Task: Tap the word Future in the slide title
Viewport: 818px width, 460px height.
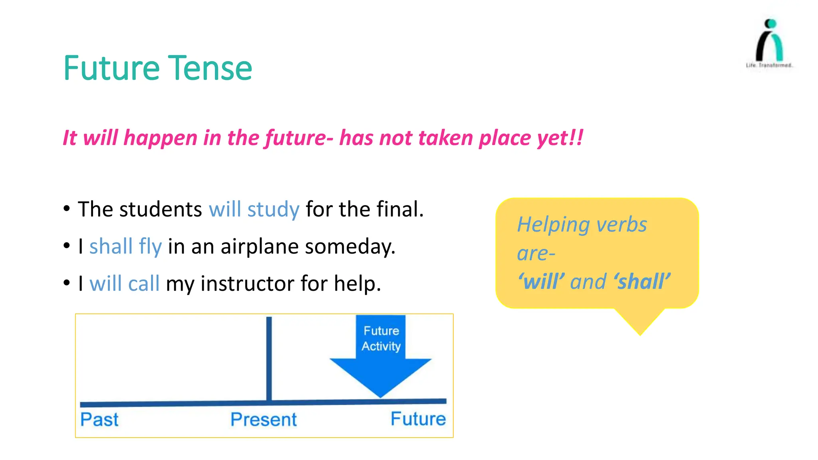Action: pyautogui.click(x=111, y=69)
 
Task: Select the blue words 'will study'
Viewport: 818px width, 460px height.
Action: pyautogui.click(x=254, y=210)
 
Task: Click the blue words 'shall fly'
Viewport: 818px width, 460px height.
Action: pyautogui.click(x=125, y=246)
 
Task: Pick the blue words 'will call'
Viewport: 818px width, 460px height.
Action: pyautogui.click(x=124, y=284)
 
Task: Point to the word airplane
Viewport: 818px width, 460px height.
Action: pyautogui.click(x=259, y=246)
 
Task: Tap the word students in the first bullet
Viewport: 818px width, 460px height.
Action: pyautogui.click(x=161, y=210)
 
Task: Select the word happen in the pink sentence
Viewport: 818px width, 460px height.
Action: pyautogui.click(x=161, y=138)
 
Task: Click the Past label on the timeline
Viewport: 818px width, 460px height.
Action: pyautogui.click(x=99, y=420)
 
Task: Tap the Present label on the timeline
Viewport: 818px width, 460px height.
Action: pyautogui.click(x=264, y=420)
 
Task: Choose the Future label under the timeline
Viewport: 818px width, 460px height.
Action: pyautogui.click(x=418, y=419)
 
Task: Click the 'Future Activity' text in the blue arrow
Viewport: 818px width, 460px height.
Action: pyautogui.click(x=381, y=338)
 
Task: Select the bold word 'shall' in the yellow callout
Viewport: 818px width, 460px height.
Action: pyautogui.click(x=642, y=282)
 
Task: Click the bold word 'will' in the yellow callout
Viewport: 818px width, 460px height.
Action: pyautogui.click(x=542, y=282)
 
